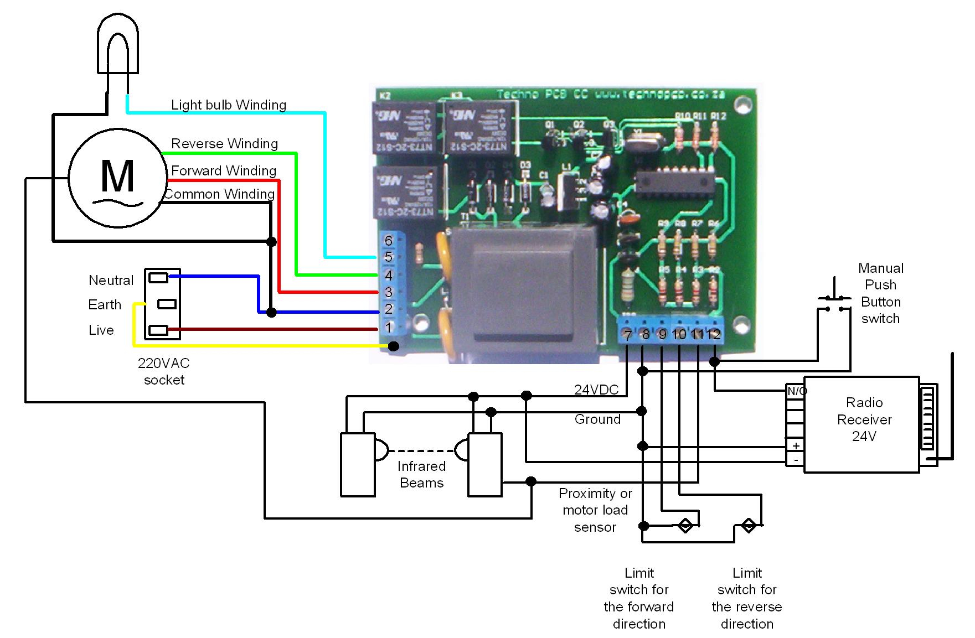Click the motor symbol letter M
click(x=117, y=176)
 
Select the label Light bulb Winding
click(x=228, y=105)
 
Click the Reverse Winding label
click(x=224, y=144)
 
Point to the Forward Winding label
click(x=223, y=171)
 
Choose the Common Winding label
click(x=219, y=194)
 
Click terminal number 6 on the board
click(x=389, y=241)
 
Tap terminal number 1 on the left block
click(x=389, y=328)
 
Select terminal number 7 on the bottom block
click(x=627, y=335)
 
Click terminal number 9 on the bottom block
click(x=662, y=335)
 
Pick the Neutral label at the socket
click(x=111, y=281)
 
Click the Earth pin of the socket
click(x=167, y=304)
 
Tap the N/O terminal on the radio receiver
click(x=796, y=391)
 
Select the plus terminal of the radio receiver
click(x=796, y=446)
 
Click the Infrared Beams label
click(x=421, y=474)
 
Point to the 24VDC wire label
click(x=596, y=390)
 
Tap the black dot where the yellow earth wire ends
click(x=394, y=346)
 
